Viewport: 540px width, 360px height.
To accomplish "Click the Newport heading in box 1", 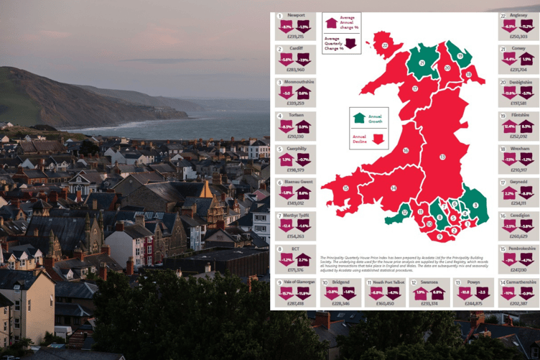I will tap(296, 15).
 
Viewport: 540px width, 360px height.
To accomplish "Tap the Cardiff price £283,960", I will tap(296, 70).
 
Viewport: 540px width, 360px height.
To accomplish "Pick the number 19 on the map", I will tap(460, 55).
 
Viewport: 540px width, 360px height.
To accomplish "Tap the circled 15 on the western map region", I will tap(345, 188).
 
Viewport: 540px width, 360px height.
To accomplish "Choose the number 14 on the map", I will tap(394, 188).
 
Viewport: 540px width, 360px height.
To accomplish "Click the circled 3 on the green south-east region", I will tap(475, 206).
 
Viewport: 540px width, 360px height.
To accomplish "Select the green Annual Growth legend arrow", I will tap(358, 117).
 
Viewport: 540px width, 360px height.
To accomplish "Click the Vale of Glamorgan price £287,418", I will tap(296, 303).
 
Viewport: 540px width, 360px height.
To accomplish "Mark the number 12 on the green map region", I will tap(406, 212).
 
